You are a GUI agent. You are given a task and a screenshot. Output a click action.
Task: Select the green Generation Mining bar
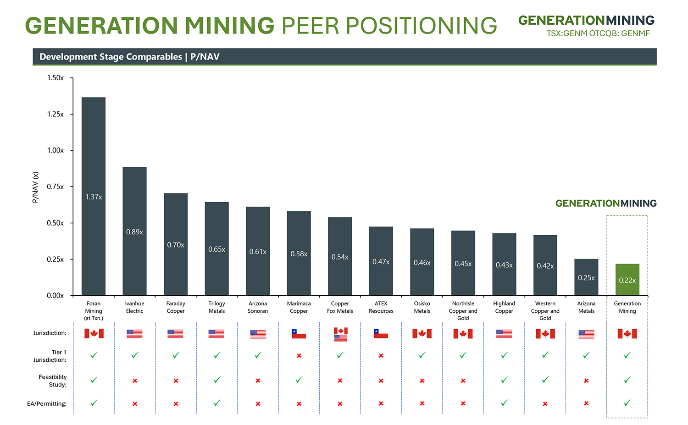coord(627,280)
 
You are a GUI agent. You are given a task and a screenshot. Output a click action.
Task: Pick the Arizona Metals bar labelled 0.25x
coord(586,277)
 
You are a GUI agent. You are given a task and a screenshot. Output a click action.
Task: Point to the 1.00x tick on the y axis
coord(55,150)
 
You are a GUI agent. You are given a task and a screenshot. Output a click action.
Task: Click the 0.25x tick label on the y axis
coord(55,259)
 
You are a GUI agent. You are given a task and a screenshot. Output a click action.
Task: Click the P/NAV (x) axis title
coord(35,187)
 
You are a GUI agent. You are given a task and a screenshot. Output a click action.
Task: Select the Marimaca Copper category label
coord(299,307)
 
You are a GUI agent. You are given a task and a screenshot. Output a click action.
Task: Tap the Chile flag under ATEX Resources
coord(381,333)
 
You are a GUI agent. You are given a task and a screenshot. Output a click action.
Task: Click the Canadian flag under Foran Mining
coord(94,333)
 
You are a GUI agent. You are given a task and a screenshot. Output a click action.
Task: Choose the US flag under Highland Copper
coord(504,334)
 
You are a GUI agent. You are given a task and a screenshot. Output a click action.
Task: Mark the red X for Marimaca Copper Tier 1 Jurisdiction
coord(299,356)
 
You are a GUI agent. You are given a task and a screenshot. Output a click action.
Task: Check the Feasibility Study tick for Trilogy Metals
coord(217,380)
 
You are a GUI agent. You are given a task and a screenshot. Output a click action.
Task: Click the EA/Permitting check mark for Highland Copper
coord(504,403)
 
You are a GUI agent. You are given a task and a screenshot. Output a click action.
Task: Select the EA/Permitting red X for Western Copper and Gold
coord(545,404)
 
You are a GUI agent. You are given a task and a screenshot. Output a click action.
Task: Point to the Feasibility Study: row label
coord(53,381)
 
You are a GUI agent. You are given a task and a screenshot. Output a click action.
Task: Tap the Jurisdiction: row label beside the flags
coord(50,333)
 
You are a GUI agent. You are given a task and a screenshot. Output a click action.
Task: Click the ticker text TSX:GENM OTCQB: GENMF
coord(598,33)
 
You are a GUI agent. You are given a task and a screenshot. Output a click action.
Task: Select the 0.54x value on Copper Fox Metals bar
coord(340,257)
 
